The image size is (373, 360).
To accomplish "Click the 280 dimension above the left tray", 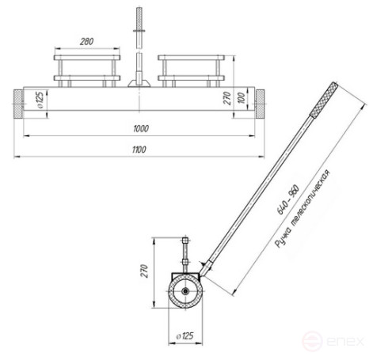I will (x=87, y=41).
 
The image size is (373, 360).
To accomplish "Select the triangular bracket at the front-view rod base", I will (x=139, y=80).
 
